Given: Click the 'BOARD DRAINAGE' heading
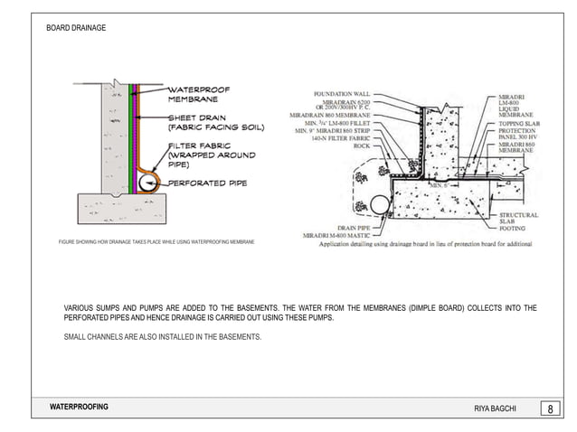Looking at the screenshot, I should point(76,29).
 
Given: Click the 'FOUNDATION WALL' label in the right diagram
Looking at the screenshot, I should point(343,94).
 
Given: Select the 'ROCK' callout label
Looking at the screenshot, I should point(363,146).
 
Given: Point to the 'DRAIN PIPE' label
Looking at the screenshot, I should point(355,228).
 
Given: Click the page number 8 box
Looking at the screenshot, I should point(551,409).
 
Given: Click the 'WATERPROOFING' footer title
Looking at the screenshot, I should point(79,408).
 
